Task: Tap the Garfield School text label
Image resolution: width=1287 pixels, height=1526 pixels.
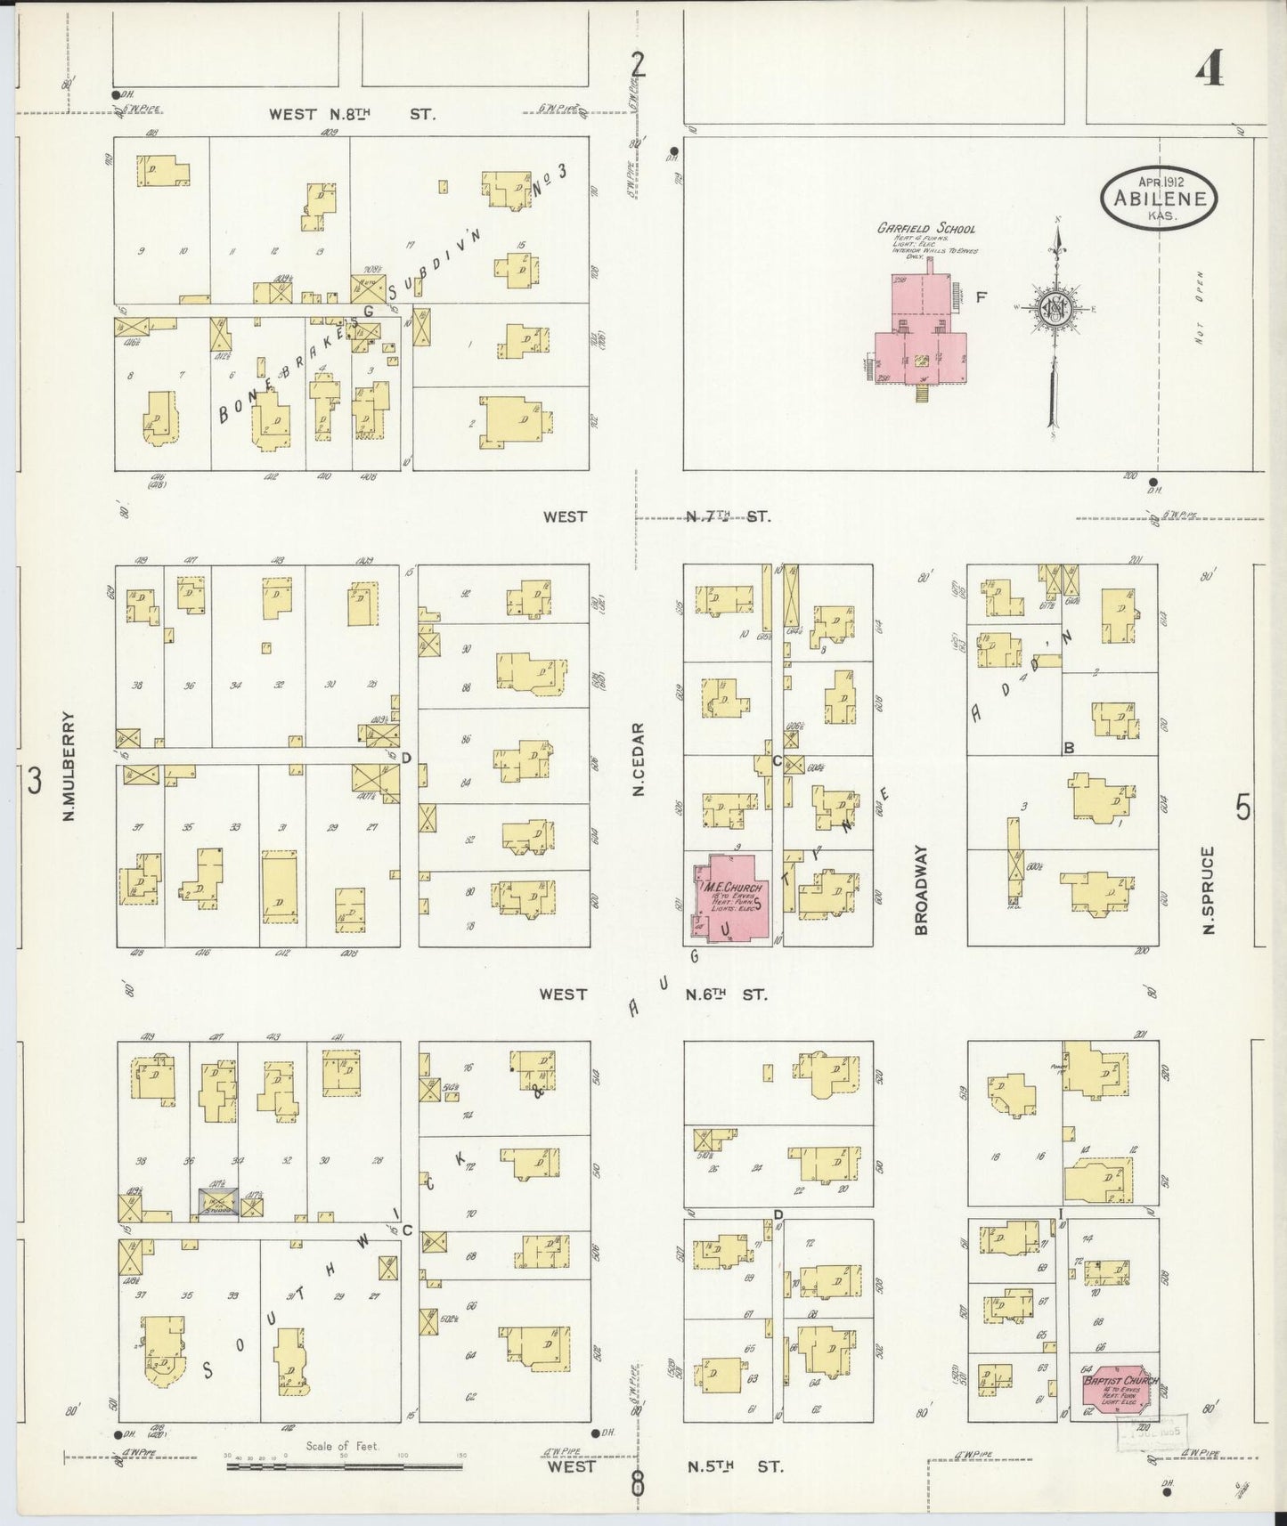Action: pos(925,229)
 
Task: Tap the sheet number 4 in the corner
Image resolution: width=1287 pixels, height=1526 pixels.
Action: pos(1209,67)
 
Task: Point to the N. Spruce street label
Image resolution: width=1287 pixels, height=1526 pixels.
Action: pos(1209,889)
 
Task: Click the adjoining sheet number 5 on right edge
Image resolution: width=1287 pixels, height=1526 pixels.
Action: pos(1242,808)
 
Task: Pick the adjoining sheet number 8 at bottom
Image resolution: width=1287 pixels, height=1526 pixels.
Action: pos(638,1482)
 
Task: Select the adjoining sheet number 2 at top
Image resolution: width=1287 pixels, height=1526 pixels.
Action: pos(637,64)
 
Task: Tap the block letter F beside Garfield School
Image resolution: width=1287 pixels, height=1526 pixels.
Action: pos(981,298)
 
